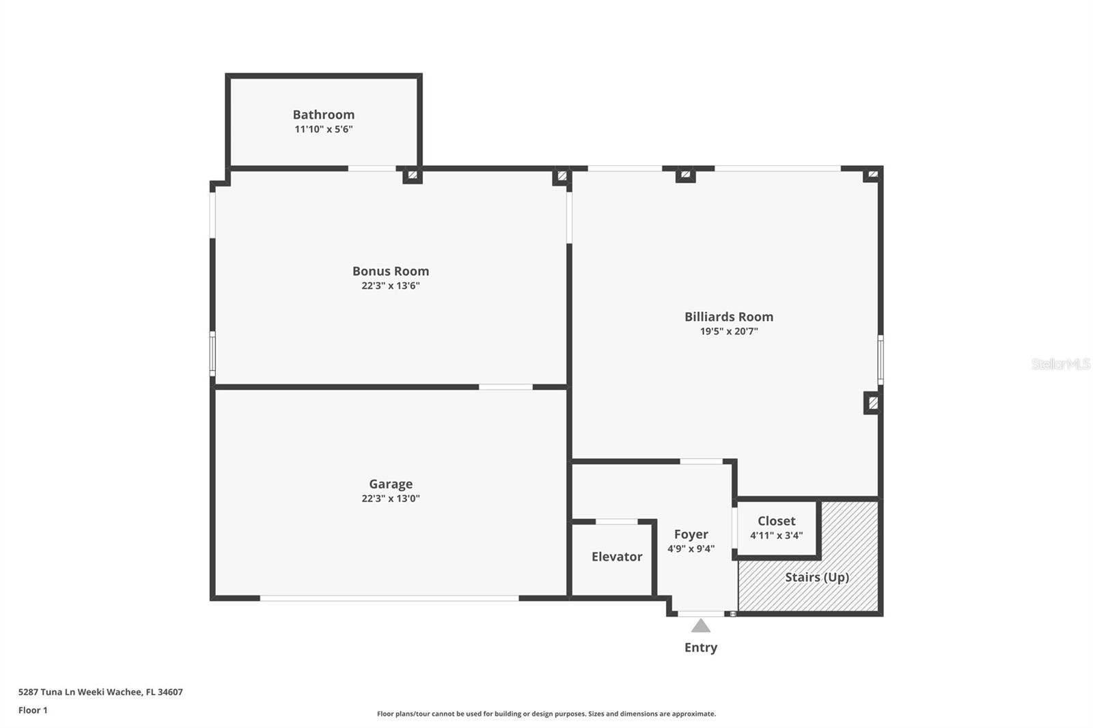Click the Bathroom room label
(323, 115)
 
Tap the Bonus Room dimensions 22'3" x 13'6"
(390, 286)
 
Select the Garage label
(390, 484)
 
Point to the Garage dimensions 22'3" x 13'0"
(390, 499)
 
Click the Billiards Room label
(728, 317)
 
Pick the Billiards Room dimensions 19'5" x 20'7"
(728, 332)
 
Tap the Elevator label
(616, 557)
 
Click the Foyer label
(691, 535)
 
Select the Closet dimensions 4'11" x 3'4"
(776, 535)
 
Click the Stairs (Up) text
(816, 577)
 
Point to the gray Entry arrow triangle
(700, 626)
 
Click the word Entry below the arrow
(700, 647)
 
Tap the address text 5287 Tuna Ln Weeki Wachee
(100, 692)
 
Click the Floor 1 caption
(33, 710)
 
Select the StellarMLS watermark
(1060, 364)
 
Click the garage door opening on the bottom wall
(389, 598)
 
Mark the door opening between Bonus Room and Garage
(506, 387)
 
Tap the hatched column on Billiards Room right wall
(872, 402)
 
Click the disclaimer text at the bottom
(546, 714)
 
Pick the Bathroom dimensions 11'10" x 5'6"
(323, 129)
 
